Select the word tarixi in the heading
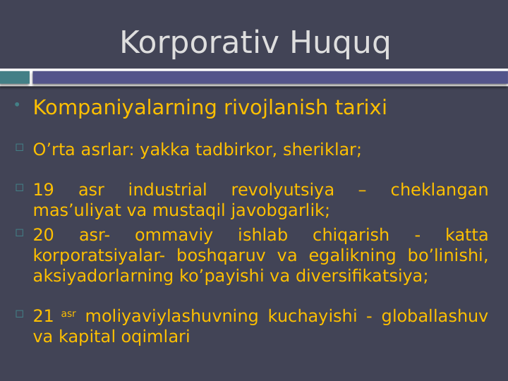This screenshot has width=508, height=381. click(361, 108)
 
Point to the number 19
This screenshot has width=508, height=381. click(43, 190)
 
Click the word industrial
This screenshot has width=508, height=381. click(167, 190)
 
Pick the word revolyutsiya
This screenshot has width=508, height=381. click(282, 190)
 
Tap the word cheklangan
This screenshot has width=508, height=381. click(439, 190)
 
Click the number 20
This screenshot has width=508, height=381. click(43, 236)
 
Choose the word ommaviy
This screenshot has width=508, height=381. click(174, 236)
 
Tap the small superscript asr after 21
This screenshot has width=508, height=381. click(68, 314)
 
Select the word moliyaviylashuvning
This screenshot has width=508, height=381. click(171, 317)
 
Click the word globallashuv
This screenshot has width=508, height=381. click(435, 317)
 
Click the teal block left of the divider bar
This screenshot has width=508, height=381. click(15, 78)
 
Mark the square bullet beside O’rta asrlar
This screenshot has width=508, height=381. click(20, 147)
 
